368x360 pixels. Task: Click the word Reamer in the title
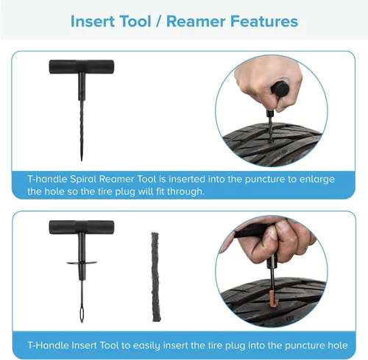(196, 21)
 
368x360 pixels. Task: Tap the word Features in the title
(264, 21)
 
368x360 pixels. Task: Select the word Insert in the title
(91, 21)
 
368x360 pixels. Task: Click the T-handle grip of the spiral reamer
(82, 67)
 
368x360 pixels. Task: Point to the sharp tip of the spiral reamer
(82, 160)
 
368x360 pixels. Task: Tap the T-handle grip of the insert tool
(82, 227)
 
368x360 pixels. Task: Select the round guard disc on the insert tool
(82, 263)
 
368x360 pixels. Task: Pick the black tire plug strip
(156, 277)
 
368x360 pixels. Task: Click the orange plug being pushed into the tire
(274, 298)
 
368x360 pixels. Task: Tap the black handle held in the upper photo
(280, 88)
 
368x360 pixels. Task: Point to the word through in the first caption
(185, 191)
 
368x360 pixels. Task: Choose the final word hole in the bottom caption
(338, 345)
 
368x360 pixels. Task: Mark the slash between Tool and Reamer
(159, 21)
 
